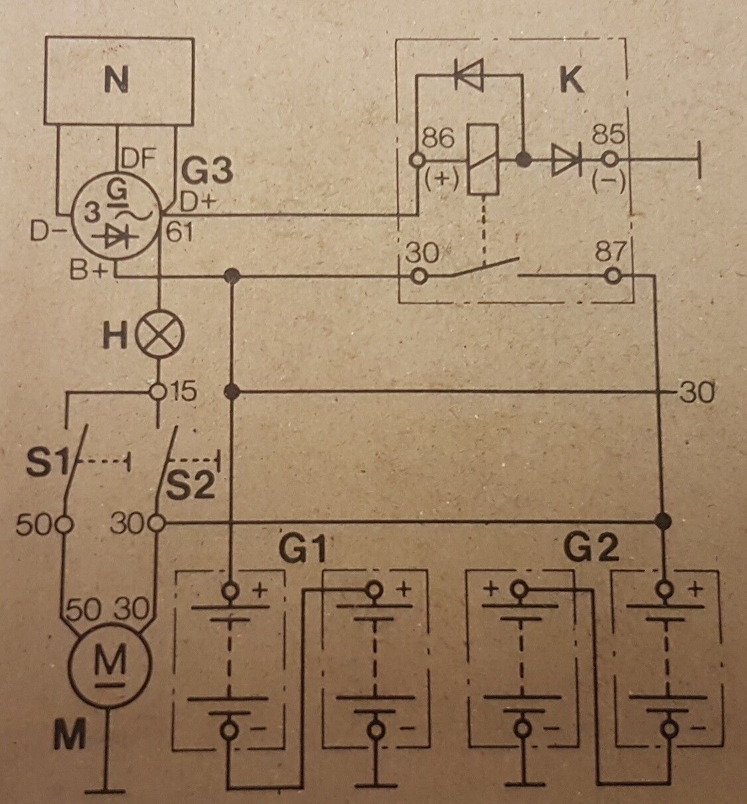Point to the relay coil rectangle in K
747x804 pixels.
[x=483, y=159]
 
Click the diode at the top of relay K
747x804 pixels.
[x=469, y=74]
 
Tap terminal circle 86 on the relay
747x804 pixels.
[x=418, y=160]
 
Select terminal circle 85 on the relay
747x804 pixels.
[x=608, y=160]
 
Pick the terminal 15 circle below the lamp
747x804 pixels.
[x=159, y=392]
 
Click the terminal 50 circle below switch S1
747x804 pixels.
[x=64, y=523]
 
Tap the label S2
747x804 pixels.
[x=195, y=486]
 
